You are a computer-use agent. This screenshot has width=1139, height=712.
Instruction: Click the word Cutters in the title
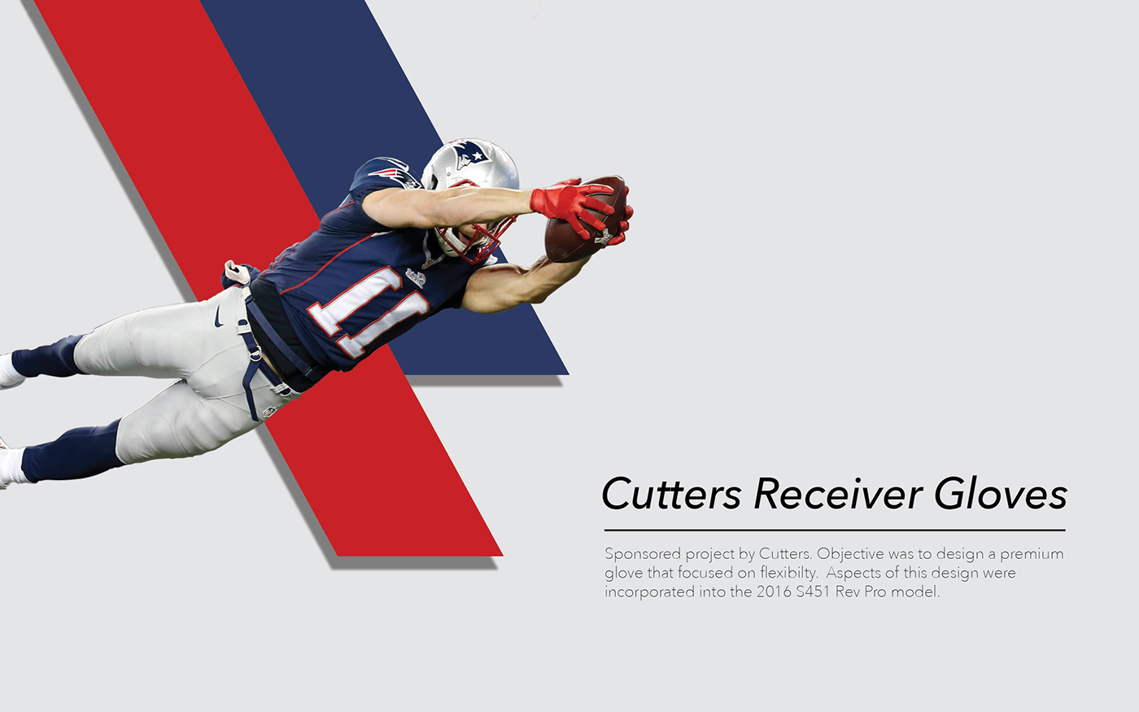[x=671, y=494]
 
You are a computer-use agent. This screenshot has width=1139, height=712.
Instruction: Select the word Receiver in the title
[x=837, y=494]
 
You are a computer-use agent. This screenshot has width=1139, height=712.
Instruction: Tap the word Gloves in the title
[x=1001, y=494]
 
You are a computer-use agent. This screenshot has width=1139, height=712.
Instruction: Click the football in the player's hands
[x=585, y=220]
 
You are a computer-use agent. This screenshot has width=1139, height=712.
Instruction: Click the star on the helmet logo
[x=477, y=155]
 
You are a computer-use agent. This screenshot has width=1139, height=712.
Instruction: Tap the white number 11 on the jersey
[x=369, y=311]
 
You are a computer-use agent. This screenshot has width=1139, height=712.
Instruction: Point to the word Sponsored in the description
[x=642, y=554]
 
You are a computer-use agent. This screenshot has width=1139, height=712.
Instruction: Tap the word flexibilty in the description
[x=788, y=573]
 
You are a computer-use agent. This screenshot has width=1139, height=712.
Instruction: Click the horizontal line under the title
[x=835, y=530]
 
